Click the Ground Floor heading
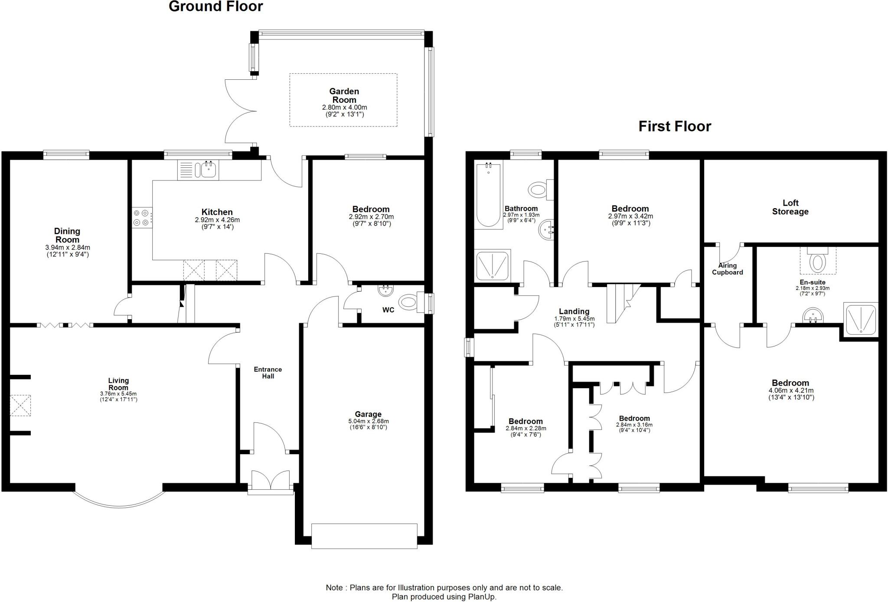tap(215, 7)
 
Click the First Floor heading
tap(675, 126)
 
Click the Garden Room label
tap(344, 95)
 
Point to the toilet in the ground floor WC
tap(408, 302)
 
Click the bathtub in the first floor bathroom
tap(489, 194)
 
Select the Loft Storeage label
tap(790, 207)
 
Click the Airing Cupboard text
tap(727, 269)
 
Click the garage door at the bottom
tap(364, 536)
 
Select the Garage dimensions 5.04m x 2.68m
tap(368, 421)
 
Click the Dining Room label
tap(67, 236)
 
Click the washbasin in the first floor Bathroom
tap(547, 229)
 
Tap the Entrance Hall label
tap(268, 373)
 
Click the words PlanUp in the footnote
tap(482, 597)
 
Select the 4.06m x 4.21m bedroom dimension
tap(790, 390)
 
